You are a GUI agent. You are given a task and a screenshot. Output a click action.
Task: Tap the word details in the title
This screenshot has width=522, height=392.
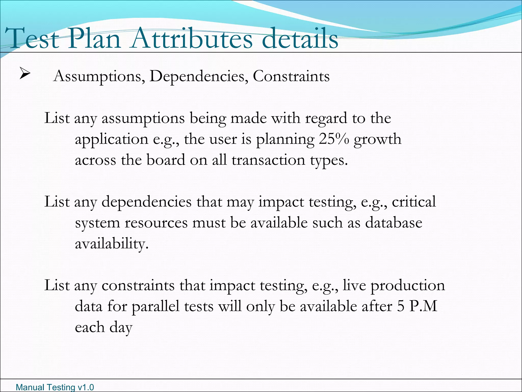[x=300, y=39]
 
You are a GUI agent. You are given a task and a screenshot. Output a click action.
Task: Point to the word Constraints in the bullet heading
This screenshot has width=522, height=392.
[x=291, y=76]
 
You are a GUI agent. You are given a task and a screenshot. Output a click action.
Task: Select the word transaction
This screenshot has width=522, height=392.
[x=268, y=160]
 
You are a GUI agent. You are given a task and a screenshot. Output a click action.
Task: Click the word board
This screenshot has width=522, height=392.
[x=166, y=160]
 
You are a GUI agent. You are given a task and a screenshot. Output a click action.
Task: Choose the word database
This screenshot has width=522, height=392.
[x=394, y=223]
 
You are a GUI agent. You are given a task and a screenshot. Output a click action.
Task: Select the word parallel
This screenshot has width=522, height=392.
[x=155, y=307]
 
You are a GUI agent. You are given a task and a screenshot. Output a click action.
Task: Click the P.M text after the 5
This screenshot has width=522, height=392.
[x=423, y=306]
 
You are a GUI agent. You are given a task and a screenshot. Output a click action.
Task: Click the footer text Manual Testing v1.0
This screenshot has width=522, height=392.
[x=55, y=387]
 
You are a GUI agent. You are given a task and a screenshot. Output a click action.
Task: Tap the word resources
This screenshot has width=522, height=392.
[x=156, y=223]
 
